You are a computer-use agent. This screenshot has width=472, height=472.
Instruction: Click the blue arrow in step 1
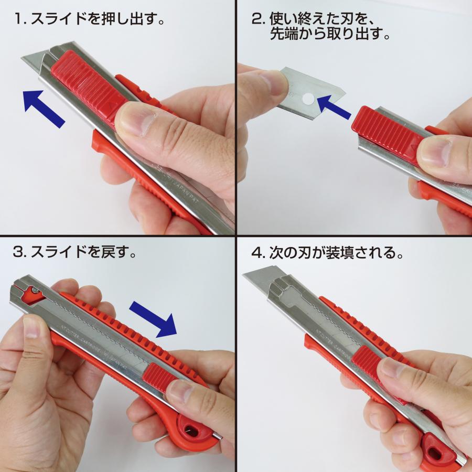tap(44, 108)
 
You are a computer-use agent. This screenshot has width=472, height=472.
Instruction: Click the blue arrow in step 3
tap(153, 318)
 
